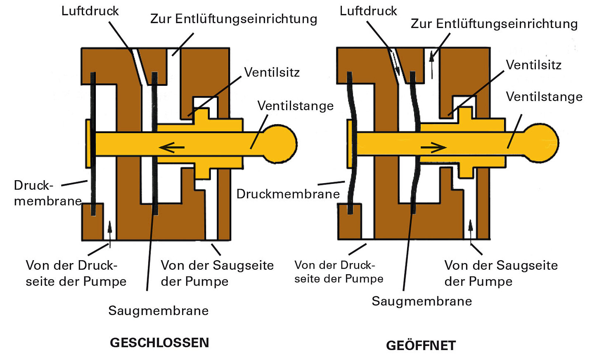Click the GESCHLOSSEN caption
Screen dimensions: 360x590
click(159, 343)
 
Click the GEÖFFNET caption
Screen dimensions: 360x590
click(421, 346)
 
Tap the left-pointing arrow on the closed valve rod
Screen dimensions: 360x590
click(172, 148)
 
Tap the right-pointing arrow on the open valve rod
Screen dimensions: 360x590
click(434, 148)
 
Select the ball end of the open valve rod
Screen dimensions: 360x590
click(541, 143)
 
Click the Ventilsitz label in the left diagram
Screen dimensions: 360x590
click(272, 72)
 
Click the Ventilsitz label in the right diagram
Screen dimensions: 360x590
click(533, 65)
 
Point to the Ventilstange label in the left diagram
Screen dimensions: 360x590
click(295, 106)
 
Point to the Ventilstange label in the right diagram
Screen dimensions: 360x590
click(544, 97)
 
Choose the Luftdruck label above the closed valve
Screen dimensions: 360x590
click(90, 11)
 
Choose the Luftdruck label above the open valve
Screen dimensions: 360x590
click(368, 11)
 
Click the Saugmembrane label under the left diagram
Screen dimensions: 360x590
click(159, 311)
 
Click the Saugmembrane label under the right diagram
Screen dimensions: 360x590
click(422, 301)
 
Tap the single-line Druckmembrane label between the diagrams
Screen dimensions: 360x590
click(288, 194)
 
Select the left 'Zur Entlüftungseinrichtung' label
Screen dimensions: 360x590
click(234, 19)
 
